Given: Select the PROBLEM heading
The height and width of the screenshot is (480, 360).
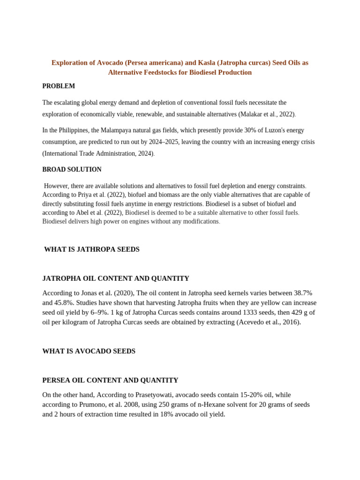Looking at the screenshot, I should point(59,86).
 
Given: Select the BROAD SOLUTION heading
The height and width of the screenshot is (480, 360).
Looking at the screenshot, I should point(72,170).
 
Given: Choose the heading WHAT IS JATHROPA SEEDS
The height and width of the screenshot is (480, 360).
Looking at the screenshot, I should point(92,249).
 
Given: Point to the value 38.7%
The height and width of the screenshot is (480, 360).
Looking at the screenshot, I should point(303,293).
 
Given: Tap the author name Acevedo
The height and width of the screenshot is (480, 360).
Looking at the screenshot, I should point(253,322).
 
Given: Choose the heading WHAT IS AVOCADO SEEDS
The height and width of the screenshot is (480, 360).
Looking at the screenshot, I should point(89,351).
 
